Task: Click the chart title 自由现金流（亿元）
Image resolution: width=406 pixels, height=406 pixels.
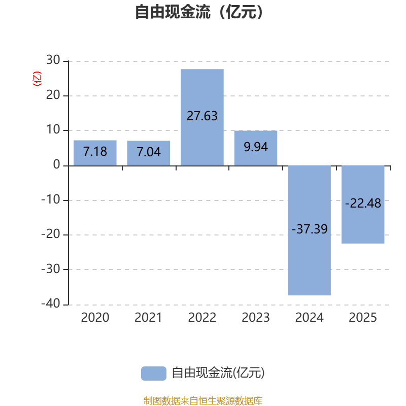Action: point(199,12)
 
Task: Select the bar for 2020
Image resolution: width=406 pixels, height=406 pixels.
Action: point(95,153)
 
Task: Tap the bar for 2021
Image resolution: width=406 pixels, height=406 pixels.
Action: point(149,153)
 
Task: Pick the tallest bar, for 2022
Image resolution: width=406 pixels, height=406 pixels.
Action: point(202,117)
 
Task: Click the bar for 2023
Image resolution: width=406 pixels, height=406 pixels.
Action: point(256,148)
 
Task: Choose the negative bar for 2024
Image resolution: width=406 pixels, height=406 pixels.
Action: point(310,230)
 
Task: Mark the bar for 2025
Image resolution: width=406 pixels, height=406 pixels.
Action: point(363,205)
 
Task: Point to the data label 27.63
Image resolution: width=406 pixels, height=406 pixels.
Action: point(202,116)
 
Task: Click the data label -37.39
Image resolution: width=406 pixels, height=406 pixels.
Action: point(310,229)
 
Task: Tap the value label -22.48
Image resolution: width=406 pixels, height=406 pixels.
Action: point(363,204)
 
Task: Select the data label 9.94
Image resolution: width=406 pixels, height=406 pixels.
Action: point(256,147)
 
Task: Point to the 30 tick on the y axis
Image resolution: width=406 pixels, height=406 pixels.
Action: point(53,60)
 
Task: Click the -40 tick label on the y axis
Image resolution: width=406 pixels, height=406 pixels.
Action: point(51,303)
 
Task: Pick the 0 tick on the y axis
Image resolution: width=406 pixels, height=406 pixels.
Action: point(57,164)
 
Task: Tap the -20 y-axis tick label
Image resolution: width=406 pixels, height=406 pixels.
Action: point(51,234)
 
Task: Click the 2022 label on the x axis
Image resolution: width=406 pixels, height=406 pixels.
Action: point(202,318)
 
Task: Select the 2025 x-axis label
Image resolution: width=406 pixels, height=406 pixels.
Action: point(363,318)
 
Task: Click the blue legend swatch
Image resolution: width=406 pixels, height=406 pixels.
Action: point(154,374)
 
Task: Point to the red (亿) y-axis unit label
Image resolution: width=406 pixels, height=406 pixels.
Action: point(37,79)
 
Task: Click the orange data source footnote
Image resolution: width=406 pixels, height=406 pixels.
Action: point(203,400)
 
